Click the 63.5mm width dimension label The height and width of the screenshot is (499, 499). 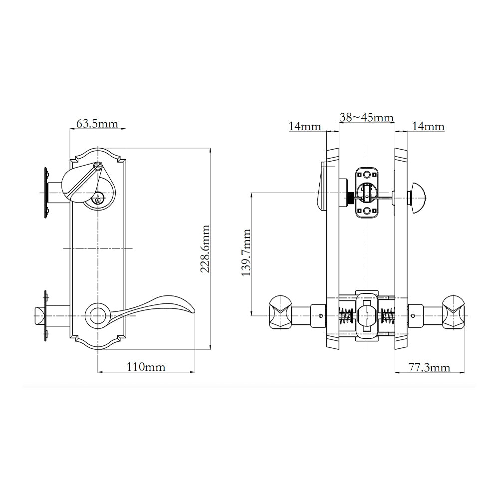click(97, 123)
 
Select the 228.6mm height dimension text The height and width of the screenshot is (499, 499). click(205, 249)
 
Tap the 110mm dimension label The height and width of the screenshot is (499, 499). click(145, 367)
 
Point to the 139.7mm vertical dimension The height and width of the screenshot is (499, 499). click(246, 254)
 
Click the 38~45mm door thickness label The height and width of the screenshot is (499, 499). click(367, 117)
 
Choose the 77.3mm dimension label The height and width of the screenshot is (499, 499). click(429, 368)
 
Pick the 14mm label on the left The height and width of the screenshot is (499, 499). click(305, 126)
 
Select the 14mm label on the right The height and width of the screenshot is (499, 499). click(428, 126)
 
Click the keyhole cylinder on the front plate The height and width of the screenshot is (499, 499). click(98, 200)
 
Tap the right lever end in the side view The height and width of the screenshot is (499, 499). click(453, 312)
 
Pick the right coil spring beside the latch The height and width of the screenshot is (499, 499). click(387, 315)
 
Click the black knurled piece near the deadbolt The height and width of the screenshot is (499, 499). click(351, 198)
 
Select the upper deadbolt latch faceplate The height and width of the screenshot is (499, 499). click(367, 193)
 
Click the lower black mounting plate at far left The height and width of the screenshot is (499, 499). click(46, 315)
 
